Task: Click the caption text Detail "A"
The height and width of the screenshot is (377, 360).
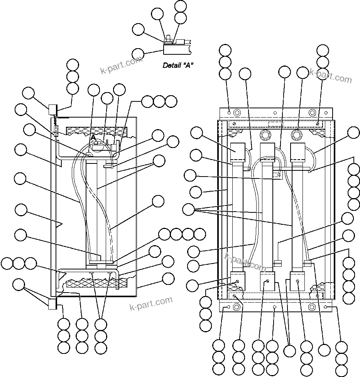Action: pos(178,65)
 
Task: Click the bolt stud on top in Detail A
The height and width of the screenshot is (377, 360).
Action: pos(169,38)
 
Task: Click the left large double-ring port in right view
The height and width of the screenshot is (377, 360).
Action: pos(265,135)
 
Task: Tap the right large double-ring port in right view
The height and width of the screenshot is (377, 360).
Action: pos(296,135)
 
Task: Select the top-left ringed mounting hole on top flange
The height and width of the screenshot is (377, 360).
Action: pos(237,113)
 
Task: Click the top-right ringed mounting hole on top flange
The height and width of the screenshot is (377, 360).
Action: pos(312,113)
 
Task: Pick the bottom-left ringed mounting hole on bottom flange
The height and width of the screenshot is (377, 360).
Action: pos(237,307)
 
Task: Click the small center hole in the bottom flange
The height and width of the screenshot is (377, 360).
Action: pos(274,307)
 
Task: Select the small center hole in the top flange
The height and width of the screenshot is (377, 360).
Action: pos(274,113)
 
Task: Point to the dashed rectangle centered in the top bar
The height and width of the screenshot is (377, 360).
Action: pos(275,124)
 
